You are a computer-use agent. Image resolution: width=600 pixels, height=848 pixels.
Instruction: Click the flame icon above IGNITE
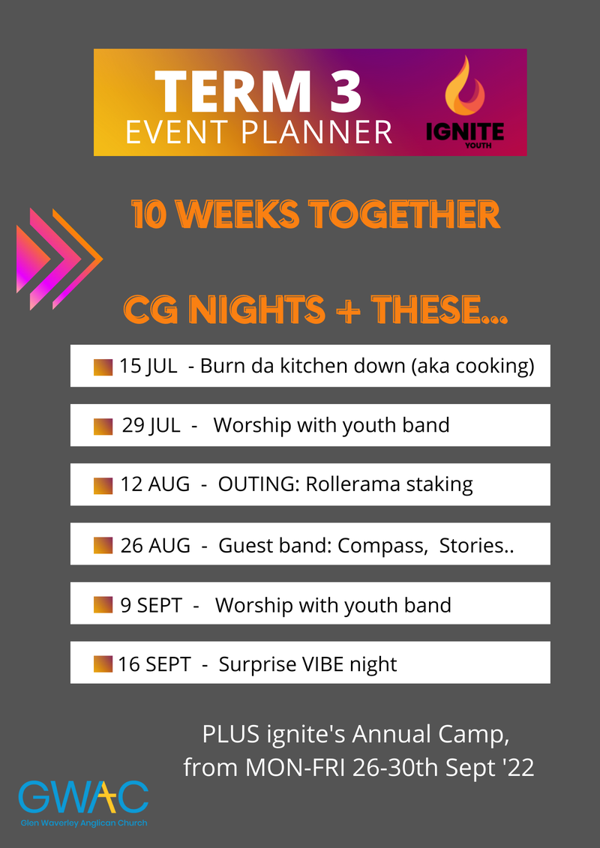pyautogui.click(x=465, y=86)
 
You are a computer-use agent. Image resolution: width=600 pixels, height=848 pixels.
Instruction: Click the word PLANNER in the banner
pyautogui.click(x=316, y=133)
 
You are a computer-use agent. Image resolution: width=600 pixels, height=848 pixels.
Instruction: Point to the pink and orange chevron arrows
pyautogui.click(x=59, y=259)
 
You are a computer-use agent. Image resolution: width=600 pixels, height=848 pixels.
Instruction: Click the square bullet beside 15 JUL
pyautogui.click(x=103, y=367)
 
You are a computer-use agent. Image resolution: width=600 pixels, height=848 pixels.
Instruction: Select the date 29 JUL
pyautogui.click(x=151, y=426)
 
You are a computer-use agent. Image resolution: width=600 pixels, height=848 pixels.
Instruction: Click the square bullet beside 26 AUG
pyautogui.click(x=103, y=545)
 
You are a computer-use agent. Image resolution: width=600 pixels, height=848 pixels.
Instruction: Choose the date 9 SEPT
pyautogui.click(x=151, y=605)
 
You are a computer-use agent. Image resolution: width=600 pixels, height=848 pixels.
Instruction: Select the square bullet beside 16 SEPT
pyautogui.click(x=103, y=664)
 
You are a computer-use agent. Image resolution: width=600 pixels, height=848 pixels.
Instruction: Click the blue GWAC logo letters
pyautogui.click(x=83, y=796)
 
